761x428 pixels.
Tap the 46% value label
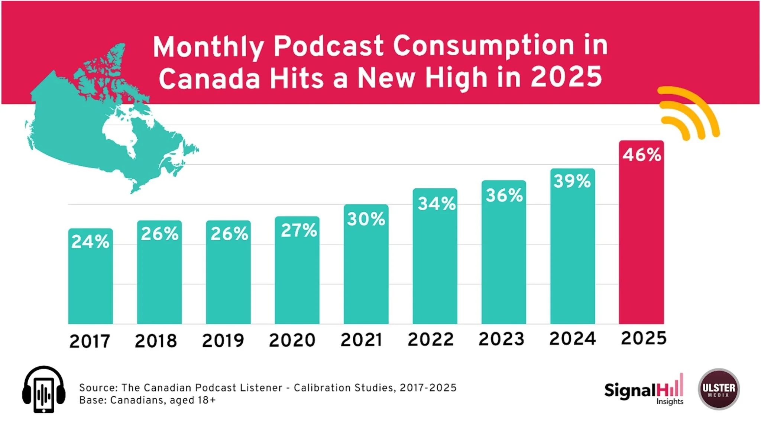click(642, 155)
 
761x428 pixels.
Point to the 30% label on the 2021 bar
click(366, 219)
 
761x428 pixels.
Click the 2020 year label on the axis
click(292, 340)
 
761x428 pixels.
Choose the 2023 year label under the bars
click(501, 339)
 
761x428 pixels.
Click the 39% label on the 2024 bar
click(572, 181)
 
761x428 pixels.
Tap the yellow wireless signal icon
click(687, 113)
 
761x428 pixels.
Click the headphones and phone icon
click(44, 389)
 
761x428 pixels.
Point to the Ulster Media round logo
click(719, 389)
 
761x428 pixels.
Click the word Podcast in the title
click(328, 46)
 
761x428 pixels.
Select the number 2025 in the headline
click(566, 77)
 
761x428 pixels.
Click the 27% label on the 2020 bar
click(299, 230)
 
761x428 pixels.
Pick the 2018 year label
click(156, 341)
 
